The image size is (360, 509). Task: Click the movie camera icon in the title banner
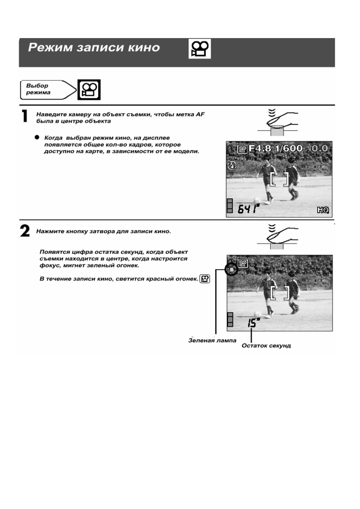coord(200,49)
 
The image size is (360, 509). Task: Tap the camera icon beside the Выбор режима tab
coord(89,90)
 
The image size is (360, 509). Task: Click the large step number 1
coord(25,116)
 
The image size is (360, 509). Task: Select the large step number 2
coord(25,232)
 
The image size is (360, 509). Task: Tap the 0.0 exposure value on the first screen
coord(319,148)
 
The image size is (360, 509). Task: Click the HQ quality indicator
coord(323,210)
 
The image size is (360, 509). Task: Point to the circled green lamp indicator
coord(231,269)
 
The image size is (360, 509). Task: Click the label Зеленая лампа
coord(212,341)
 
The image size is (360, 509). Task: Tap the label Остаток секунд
coord(266,345)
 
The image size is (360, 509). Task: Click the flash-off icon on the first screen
coord(232,165)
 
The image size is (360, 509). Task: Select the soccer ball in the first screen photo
coord(257,200)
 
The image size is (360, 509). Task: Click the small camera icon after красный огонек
coord(205,279)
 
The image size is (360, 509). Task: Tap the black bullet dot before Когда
coord(37,137)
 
